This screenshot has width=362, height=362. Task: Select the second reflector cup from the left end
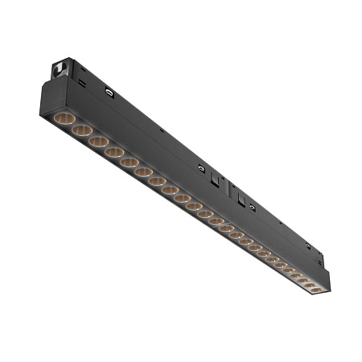click(x=80, y=130)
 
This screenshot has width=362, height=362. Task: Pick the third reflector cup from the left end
click(x=98, y=141)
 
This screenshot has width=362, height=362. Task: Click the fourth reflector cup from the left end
click(x=114, y=151)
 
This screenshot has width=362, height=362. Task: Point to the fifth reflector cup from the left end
click(x=130, y=162)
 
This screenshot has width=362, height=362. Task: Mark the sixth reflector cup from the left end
click(x=144, y=171)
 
